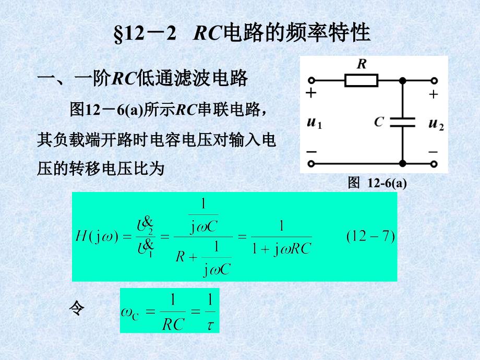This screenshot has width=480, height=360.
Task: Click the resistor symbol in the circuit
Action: (361, 81)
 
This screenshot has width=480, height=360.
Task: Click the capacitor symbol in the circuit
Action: (402, 122)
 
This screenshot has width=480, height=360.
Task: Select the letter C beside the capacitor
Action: (379, 123)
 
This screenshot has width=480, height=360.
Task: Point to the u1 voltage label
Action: (314, 124)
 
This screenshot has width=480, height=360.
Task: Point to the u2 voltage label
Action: (436, 124)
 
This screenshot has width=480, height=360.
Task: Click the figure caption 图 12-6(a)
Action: (377, 183)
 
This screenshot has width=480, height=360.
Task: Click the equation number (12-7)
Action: (370, 236)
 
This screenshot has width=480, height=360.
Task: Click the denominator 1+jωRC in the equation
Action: (281, 249)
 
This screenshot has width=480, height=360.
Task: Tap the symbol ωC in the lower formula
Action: (129, 313)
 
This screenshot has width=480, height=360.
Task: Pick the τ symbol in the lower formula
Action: (210, 325)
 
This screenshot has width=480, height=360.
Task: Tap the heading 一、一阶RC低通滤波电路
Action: (142, 79)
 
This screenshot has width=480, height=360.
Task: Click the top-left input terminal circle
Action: (311, 81)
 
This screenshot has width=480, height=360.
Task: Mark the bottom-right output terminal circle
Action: (435, 164)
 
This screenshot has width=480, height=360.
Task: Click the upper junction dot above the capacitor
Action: (402, 81)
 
